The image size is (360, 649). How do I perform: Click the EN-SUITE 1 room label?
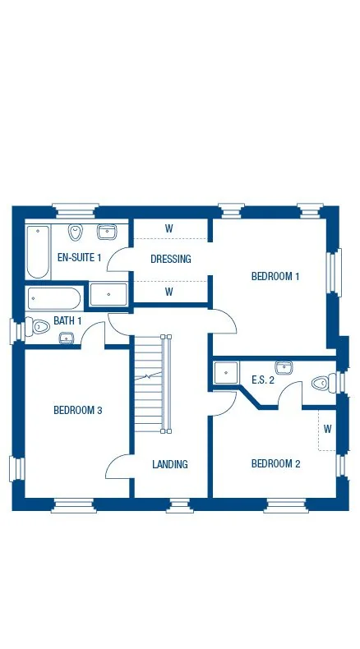click(78, 257)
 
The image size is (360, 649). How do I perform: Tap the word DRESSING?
click(171, 259)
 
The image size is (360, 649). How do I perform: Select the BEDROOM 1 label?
click(275, 276)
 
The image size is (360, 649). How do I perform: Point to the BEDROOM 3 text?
click(77, 410)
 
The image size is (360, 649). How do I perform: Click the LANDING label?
click(170, 464)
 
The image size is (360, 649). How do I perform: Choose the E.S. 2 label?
click(264, 379)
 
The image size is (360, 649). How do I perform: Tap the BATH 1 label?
click(67, 320)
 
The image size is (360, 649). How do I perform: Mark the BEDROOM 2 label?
click(275, 463)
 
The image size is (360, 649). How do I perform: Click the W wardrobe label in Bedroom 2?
click(327, 429)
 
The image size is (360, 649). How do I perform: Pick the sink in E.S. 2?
click(284, 366)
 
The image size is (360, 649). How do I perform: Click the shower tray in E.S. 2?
click(225, 372)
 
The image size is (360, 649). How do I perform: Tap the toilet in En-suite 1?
click(76, 232)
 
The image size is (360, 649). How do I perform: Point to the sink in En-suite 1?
click(107, 232)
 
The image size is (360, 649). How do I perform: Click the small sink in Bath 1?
click(66, 338)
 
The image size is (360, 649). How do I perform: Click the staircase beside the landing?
click(150, 382)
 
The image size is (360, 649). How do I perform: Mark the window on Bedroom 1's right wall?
click(333, 272)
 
